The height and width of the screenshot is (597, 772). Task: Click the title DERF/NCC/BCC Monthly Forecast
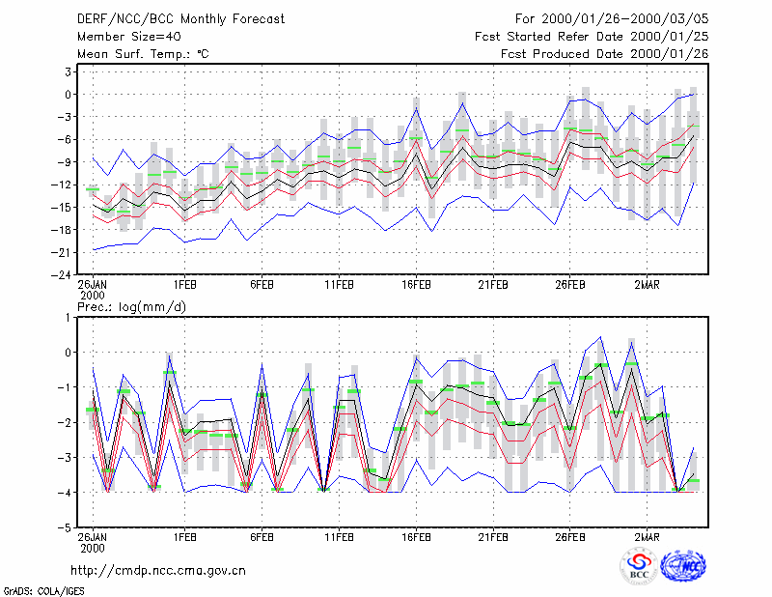pos(180,19)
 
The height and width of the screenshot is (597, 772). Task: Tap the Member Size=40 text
pos(129,37)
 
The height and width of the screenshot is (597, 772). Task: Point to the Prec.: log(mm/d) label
pos(131,307)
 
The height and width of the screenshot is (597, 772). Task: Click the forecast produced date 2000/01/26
pos(669,54)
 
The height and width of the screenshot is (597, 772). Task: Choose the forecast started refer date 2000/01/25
pos(669,37)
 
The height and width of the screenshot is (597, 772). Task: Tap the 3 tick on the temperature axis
pos(68,72)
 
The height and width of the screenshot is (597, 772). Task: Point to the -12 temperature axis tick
pos(62,185)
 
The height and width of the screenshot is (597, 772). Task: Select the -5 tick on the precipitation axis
pos(65,528)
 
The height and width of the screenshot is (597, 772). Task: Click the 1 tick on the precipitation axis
pos(69,318)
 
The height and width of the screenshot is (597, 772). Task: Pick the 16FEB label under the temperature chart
pos(416,285)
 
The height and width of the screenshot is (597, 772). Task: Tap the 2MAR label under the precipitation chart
pos(647,537)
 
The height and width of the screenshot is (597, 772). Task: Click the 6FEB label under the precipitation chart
pos(262,537)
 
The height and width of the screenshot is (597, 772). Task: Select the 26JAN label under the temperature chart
pos(92,285)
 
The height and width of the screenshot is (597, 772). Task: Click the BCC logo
pos(639,566)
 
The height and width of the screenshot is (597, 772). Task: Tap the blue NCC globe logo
pos(683,566)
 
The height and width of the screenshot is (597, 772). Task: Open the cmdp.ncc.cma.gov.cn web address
pos(158,571)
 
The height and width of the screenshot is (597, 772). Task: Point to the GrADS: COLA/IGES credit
pos(43,591)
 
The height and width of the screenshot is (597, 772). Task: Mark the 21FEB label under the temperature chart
pos(493,285)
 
